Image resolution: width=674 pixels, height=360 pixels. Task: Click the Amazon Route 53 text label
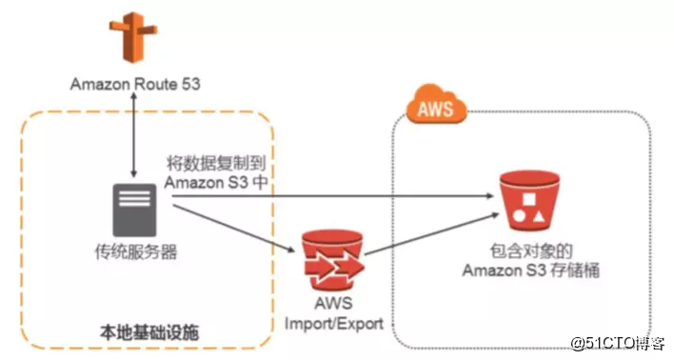(x=133, y=85)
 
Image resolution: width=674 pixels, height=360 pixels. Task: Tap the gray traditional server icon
(x=134, y=210)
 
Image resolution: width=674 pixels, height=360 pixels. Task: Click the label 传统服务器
(x=134, y=254)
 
